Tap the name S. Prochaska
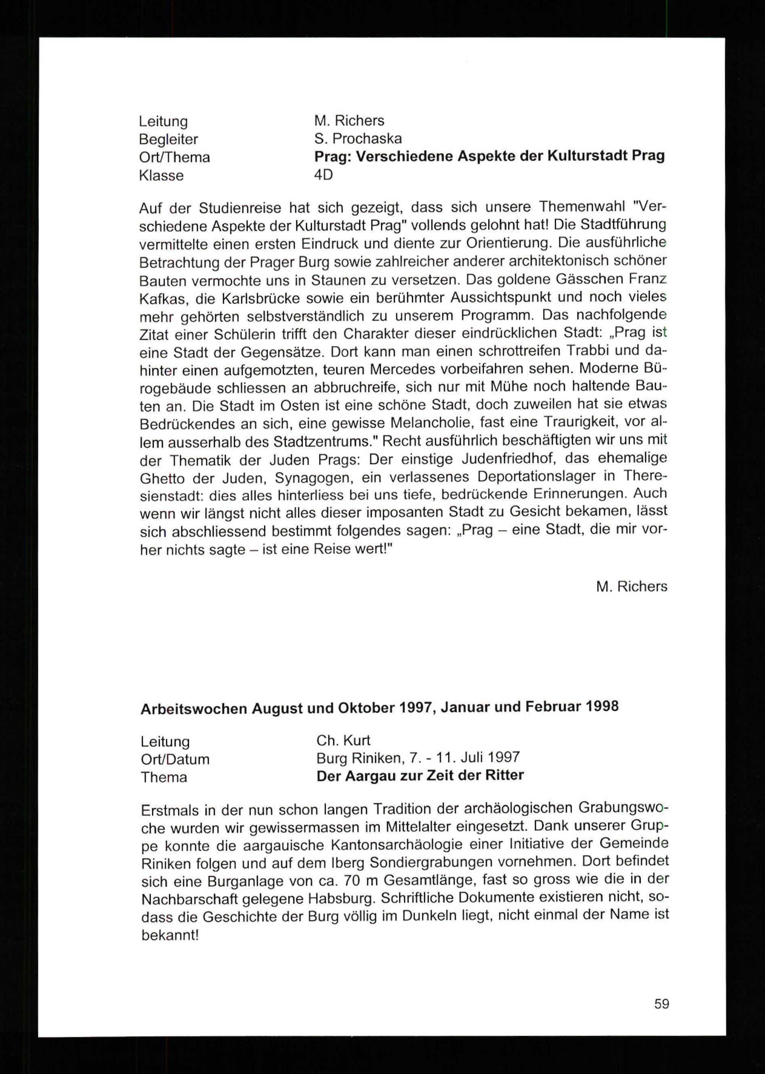tap(358, 139)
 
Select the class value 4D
tap(324, 175)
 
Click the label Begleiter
tap(168, 139)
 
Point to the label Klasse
tap(161, 176)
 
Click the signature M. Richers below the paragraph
tap(631, 587)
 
